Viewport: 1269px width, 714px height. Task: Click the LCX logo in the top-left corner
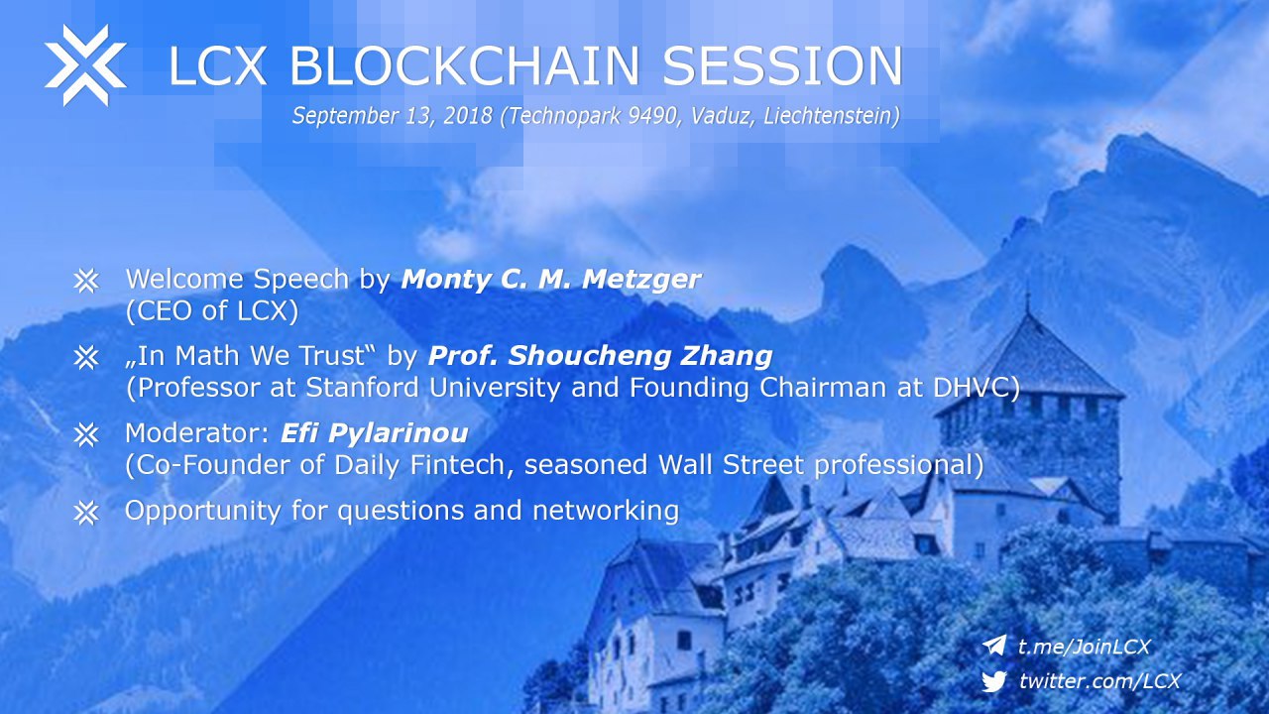[85, 65]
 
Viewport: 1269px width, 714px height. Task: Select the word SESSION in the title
[782, 65]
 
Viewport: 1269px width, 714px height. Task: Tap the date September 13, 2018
[392, 116]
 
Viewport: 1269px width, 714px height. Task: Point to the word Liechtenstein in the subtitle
[832, 116]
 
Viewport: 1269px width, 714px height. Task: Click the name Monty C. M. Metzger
[550, 279]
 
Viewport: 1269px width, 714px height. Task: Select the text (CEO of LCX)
[212, 310]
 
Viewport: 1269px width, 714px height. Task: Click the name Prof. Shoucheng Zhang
[600, 356]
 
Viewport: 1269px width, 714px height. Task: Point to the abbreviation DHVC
[977, 388]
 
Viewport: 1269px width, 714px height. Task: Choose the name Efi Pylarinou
[375, 433]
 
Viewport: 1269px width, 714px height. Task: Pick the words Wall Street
[731, 465]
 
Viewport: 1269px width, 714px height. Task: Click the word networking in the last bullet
[606, 511]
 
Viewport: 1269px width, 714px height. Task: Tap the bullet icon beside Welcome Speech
[86, 280]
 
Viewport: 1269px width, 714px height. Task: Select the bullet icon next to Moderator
[86, 434]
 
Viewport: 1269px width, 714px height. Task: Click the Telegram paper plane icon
[993, 646]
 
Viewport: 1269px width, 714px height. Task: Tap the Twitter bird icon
[993, 680]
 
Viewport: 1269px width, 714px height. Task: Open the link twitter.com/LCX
[1099, 680]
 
